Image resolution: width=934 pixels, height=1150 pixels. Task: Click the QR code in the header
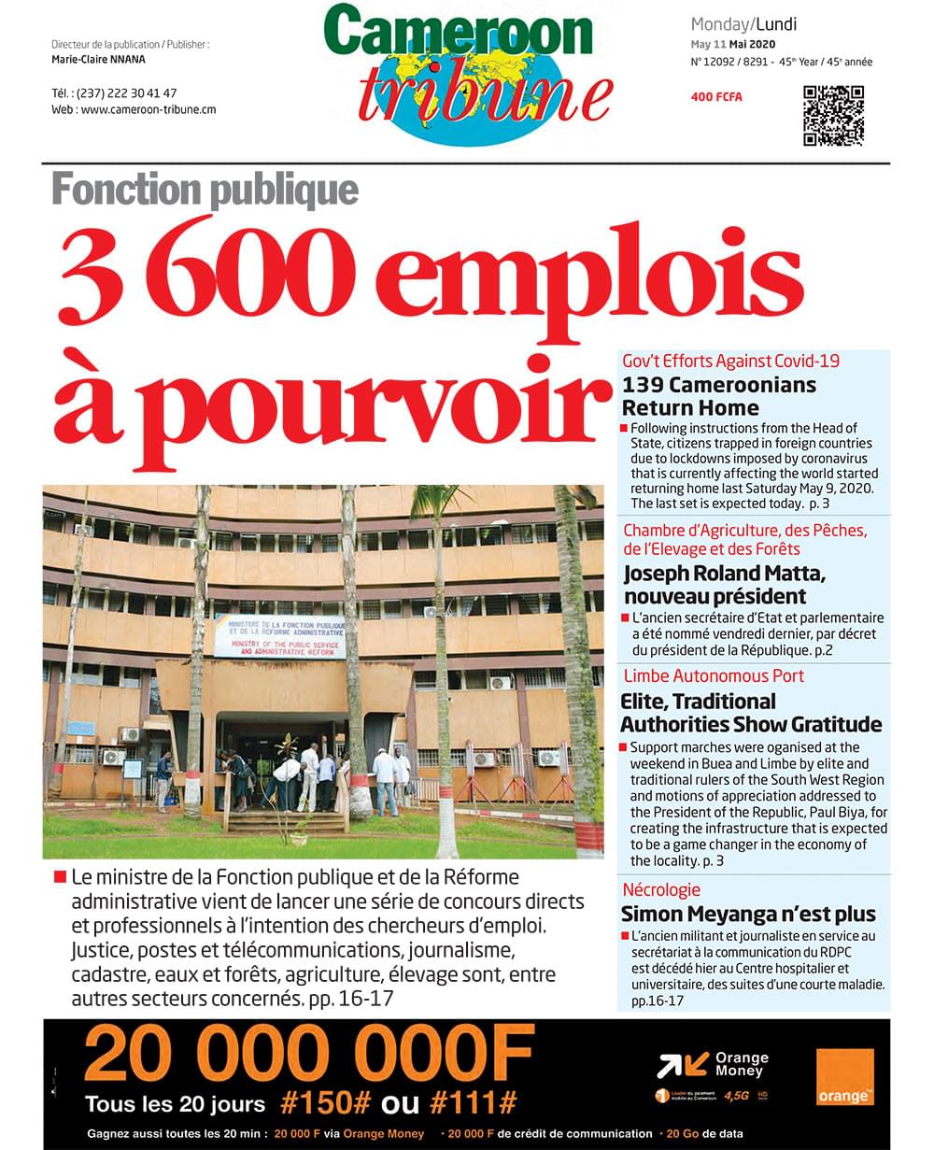(833, 116)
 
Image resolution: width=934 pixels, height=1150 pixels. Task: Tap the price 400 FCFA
(716, 97)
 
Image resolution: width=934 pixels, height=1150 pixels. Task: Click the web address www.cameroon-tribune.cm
(149, 109)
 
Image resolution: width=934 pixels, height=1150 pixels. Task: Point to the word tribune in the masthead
(485, 97)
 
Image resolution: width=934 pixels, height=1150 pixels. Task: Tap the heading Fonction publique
(205, 190)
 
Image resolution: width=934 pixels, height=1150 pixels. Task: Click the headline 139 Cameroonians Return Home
(718, 396)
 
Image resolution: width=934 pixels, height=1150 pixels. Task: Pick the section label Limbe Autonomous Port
(713, 675)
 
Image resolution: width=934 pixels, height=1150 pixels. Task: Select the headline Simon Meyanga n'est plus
(748, 914)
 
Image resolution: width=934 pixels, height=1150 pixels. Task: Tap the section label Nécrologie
(661, 889)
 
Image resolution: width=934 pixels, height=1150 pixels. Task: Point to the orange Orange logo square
(844, 1077)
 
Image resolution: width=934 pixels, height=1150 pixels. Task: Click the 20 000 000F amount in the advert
(309, 1053)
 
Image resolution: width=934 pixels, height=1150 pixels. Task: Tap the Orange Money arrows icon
(682, 1065)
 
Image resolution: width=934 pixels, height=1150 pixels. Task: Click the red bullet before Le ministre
(60, 877)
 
